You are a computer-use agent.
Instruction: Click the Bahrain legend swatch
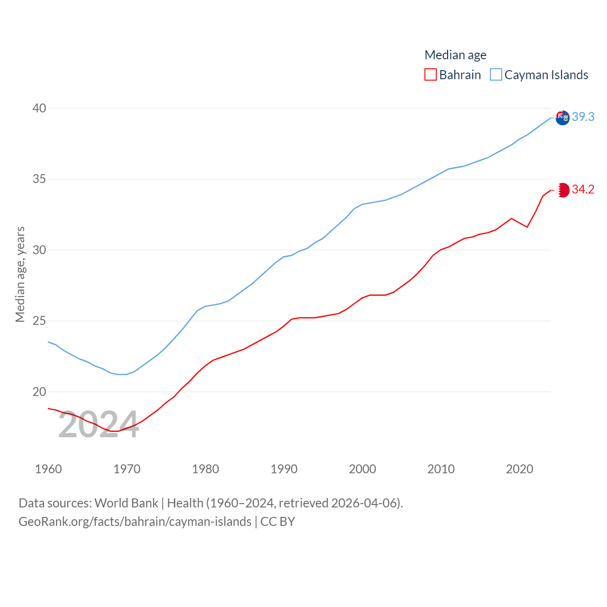tap(430, 75)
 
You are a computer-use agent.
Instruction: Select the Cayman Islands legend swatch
tap(496, 75)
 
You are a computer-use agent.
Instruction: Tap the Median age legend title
tap(455, 55)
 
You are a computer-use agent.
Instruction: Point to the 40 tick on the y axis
tap(39, 108)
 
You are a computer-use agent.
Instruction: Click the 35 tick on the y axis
tap(39, 179)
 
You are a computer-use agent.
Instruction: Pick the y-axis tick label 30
tap(39, 250)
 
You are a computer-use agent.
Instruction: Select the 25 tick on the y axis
tap(39, 321)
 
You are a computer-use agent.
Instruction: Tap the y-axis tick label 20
tap(39, 392)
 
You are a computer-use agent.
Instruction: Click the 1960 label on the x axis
tap(48, 469)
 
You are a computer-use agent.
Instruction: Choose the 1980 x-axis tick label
tap(205, 469)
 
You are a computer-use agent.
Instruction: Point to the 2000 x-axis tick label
tap(362, 469)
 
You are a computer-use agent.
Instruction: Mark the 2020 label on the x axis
tap(519, 469)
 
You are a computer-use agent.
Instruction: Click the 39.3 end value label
tap(583, 117)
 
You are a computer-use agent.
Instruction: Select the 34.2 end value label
tap(583, 189)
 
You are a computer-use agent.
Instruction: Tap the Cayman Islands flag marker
tap(562, 118)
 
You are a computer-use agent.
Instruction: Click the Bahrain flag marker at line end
tap(562, 190)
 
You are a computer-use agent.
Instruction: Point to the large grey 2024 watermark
tap(99, 425)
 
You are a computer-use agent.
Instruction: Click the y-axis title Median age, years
tap(20, 274)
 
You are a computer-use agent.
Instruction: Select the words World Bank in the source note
tap(126, 503)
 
